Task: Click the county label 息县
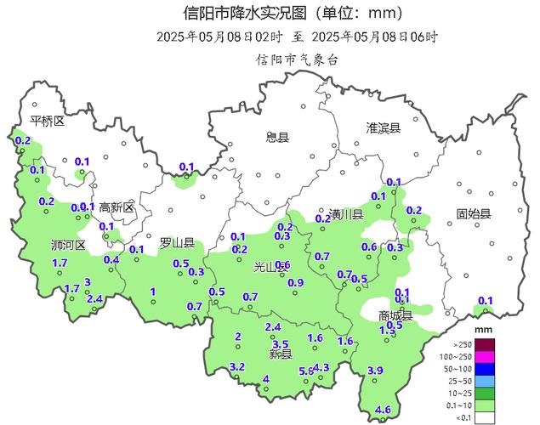277,137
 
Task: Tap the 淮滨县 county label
383,127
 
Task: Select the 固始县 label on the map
474,213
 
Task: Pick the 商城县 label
395,315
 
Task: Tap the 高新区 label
117,207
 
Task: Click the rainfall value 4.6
383,411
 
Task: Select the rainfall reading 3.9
374,370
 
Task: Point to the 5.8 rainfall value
306,371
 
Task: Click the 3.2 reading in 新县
237,367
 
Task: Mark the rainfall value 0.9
296,283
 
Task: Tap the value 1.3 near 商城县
386,331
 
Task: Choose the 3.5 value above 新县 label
280,343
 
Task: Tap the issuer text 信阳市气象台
298,59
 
